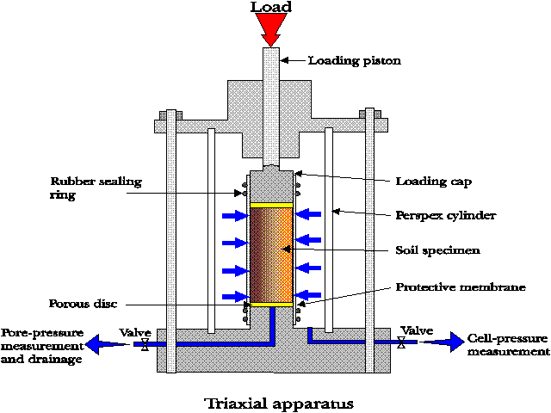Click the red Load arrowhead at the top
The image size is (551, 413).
(x=270, y=30)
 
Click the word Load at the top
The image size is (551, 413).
(x=270, y=8)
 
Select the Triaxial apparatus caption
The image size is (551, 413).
(x=278, y=402)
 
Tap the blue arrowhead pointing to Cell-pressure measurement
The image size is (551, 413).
(x=449, y=342)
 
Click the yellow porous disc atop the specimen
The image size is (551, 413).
(x=271, y=206)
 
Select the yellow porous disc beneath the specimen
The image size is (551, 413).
(x=271, y=305)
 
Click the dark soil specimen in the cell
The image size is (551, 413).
(x=271, y=255)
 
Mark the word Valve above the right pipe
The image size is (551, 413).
(x=417, y=330)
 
